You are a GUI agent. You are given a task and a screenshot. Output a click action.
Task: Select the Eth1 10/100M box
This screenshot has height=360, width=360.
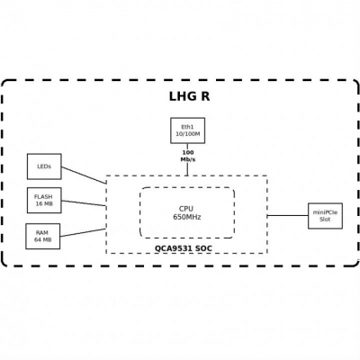(187, 130)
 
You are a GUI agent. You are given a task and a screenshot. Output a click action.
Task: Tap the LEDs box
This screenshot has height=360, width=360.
(44, 166)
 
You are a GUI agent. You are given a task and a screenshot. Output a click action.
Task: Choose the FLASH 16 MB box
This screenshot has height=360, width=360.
(44, 200)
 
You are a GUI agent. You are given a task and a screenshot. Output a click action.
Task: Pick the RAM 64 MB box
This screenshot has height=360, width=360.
(42, 236)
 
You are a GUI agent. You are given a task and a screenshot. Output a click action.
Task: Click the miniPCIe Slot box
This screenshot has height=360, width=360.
(325, 215)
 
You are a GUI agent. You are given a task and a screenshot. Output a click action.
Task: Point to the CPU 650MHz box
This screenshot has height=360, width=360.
(187, 212)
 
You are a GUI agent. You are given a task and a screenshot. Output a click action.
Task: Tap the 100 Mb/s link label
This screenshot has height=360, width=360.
(187, 156)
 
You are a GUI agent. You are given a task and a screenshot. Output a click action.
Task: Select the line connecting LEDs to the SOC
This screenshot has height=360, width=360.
(84, 175)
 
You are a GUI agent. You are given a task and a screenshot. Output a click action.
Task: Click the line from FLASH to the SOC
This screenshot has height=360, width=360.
(84, 203)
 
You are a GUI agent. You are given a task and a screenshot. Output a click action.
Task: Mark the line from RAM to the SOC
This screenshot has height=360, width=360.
(83, 231)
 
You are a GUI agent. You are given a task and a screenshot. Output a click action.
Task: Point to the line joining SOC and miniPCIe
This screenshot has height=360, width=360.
(287, 215)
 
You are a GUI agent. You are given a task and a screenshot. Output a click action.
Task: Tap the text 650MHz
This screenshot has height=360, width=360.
(187, 217)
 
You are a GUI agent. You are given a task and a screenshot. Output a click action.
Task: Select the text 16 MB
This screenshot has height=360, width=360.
(44, 204)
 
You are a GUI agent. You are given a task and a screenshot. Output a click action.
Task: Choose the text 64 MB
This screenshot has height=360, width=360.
(42, 240)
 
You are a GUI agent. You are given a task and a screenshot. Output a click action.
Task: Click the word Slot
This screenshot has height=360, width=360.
(325, 220)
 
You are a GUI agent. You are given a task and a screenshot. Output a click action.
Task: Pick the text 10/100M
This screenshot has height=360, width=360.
(187, 134)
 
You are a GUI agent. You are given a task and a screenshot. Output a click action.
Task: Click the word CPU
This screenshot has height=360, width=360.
(187, 208)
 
